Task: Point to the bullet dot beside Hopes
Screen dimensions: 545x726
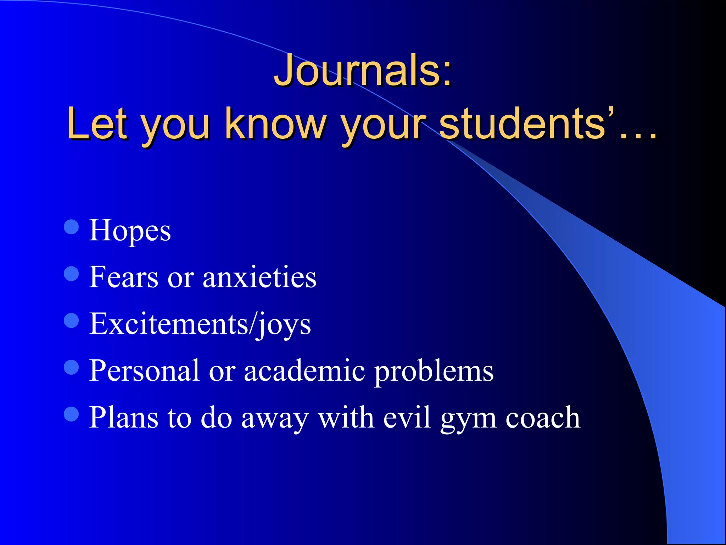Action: (x=72, y=227)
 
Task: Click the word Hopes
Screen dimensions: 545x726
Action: (x=130, y=231)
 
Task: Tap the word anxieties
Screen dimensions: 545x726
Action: (x=259, y=277)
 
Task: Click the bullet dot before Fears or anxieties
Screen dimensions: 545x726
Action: (x=72, y=274)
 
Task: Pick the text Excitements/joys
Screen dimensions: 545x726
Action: (x=200, y=324)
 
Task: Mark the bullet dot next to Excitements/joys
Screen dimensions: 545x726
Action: (x=72, y=321)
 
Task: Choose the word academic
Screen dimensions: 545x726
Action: (x=305, y=371)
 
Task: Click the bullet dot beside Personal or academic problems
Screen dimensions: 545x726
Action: (x=72, y=367)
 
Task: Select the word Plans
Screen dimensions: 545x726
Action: (x=123, y=418)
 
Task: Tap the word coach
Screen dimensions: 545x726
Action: (x=543, y=418)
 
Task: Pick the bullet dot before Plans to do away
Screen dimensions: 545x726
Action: (x=72, y=414)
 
